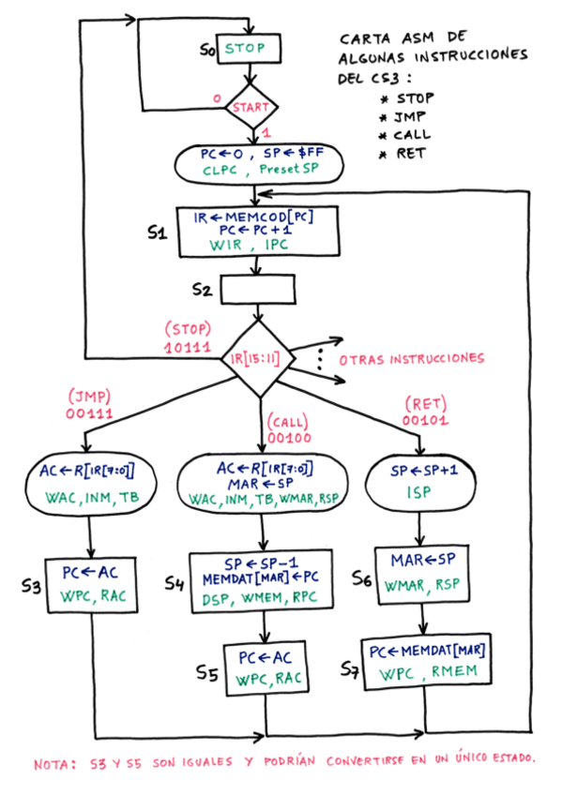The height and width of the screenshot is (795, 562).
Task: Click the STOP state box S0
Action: pyautogui.click(x=250, y=48)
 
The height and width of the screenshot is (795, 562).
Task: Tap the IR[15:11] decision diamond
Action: pyautogui.click(x=257, y=359)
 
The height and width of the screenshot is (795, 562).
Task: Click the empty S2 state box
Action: pyautogui.click(x=258, y=291)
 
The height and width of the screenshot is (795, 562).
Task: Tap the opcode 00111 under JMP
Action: pyautogui.click(x=88, y=412)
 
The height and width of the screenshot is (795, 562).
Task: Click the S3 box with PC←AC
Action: pyautogui.click(x=91, y=585)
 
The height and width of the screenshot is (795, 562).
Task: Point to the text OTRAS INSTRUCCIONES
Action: pyautogui.click(x=412, y=359)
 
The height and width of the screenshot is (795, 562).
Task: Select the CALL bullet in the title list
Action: pyautogui.click(x=410, y=135)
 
